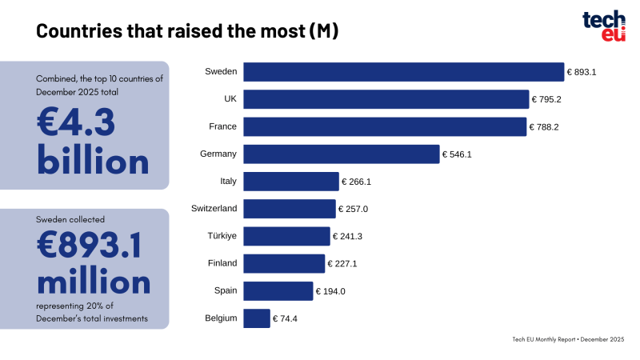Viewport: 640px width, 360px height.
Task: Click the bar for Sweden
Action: coord(403,72)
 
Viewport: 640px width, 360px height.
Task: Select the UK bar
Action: coord(386,99)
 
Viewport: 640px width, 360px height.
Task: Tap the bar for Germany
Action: coord(342,154)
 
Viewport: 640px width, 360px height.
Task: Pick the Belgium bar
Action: coord(257,318)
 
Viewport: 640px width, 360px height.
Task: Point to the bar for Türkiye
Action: coord(286,236)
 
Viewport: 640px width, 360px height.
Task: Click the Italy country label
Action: coord(228,182)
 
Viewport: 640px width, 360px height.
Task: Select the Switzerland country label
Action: coord(214,209)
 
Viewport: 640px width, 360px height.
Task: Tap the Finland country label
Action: coord(222,263)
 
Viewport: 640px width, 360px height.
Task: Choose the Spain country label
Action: coord(226,291)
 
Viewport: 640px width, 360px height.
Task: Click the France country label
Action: coord(222,126)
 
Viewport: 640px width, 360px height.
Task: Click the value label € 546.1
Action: coord(458,154)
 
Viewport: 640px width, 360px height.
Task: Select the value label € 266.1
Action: coord(357,182)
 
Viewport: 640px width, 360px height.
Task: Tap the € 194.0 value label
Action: coord(330,291)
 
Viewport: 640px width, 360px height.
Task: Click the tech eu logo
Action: coord(603,26)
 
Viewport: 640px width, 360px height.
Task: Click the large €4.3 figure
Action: coord(77,123)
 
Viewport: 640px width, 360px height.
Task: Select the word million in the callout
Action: coord(94,282)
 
